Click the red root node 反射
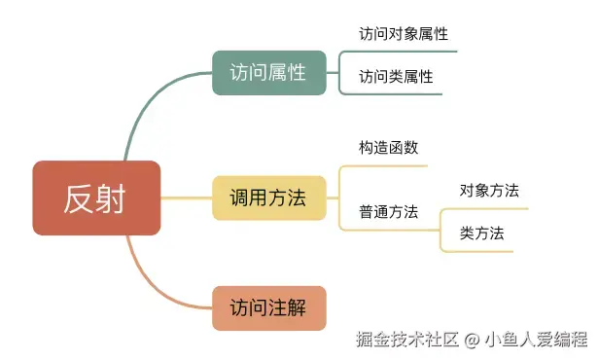pyautogui.click(x=96, y=198)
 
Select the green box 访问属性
pyautogui.click(x=269, y=73)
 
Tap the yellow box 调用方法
pyautogui.click(x=269, y=198)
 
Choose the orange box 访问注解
pyautogui.click(x=269, y=308)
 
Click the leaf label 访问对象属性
pyautogui.click(x=404, y=34)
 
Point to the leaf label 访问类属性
pyautogui.click(x=396, y=77)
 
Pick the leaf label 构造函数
pyautogui.click(x=389, y=148)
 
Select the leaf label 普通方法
pyautogui.click(x=389, y=212)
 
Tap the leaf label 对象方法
pyautogui.click(x=489, y=191)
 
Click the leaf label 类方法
pyautogui.click(x=481, y=234)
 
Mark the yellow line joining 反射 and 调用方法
pyautogui.click(x=187, y=198)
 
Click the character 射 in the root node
pyautogui.click(x=111, y=198)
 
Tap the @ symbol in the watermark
pyautogui.click(x=472, y=340)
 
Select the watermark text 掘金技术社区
pyautogui.click(x=407, y=340)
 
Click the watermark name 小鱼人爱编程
pyautogui.click(x=537, y=340)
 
